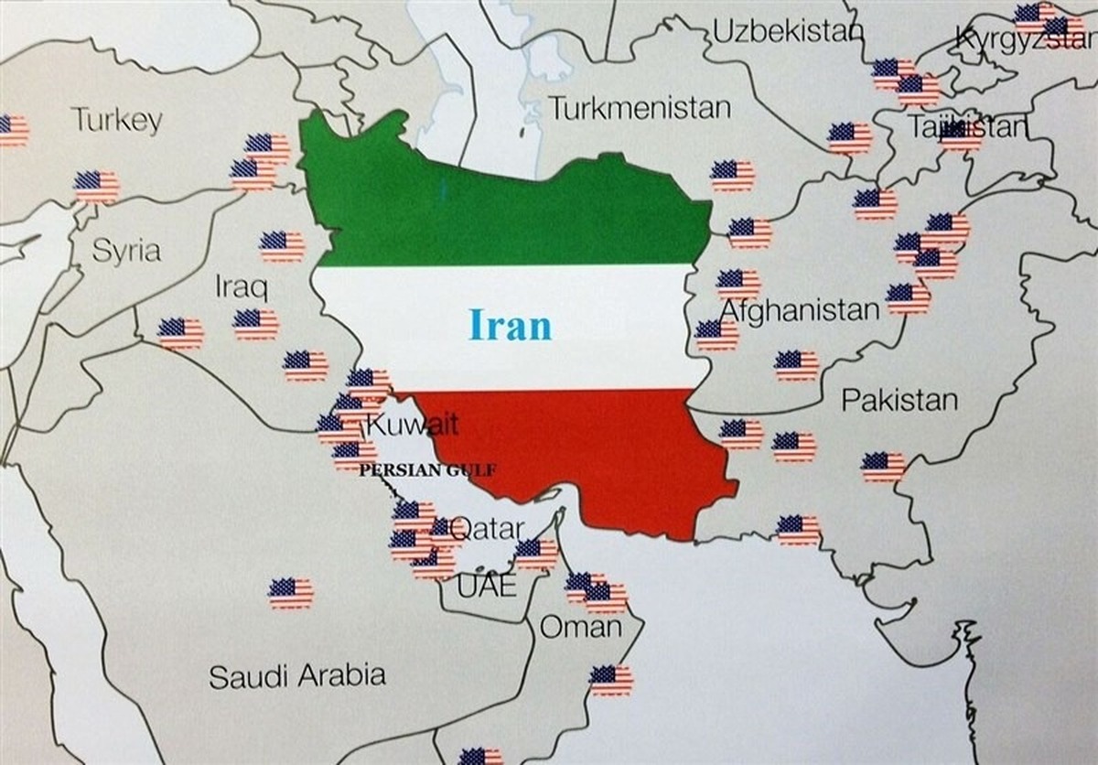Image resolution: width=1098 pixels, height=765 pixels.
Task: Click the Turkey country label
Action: (x=117, y=120)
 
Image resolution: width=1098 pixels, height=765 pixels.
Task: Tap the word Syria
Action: (x=126, y=252)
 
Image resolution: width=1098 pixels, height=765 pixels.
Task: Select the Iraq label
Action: (x=242, y=287)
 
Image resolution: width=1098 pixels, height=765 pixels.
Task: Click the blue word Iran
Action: (x=511, y=325)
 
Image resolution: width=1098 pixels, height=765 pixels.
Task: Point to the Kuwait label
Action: (x=412, y=425)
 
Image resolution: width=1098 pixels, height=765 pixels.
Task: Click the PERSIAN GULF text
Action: (x=428, y=470)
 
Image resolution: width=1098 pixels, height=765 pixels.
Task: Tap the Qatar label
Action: (x=489, y=528)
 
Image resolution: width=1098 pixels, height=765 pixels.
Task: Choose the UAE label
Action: (x=486, y=586)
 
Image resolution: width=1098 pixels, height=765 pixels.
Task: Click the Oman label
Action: (x=580, y=628)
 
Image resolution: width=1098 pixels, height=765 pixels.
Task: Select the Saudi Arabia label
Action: (x=296, y=676)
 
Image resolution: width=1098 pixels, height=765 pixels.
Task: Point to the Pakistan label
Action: (x=899, y=400)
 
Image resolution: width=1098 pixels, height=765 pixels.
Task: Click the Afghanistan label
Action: (x=800, y=311)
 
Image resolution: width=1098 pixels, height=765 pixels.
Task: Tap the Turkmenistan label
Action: (x=640, y=108)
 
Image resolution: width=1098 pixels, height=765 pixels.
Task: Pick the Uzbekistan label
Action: (x=787, y=33)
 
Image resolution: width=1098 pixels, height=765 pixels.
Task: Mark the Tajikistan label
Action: (x=967, y=127)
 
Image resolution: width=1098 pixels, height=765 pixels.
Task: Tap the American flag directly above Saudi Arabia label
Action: (x=291, y=593)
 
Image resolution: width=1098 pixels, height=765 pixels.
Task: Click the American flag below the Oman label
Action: (x=610, y=680)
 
